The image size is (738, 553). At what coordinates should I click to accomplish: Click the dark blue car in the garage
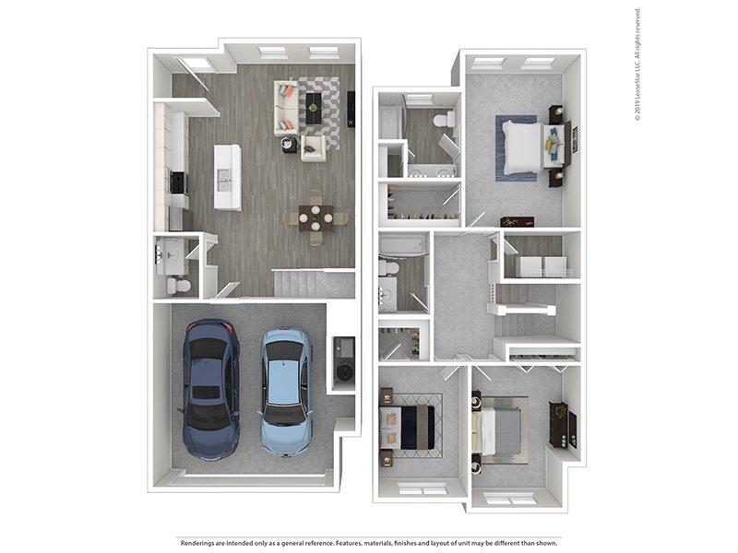click(x=210, y=389)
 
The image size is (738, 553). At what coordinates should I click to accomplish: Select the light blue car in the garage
click(x=286, y=392)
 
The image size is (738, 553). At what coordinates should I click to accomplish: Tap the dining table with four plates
click(x=315, y=218)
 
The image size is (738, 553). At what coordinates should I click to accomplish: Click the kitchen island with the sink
click(x=228, y=177)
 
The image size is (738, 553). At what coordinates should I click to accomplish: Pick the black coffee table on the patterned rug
click(x=314, y=109)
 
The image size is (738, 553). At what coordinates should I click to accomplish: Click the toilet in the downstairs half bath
click(x=178, y=286)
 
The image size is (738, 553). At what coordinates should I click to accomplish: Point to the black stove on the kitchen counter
click(x=178, y=182)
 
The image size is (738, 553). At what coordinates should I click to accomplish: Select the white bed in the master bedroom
click(x=521, y=147)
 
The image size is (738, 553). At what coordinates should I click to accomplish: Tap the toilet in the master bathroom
click(x=444, y=119)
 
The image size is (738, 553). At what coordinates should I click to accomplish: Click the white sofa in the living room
click(x=286, y=108)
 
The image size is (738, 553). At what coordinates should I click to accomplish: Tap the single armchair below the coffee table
click(x=313, y=148)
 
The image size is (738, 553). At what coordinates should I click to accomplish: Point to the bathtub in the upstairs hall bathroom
click(x=403, y=246)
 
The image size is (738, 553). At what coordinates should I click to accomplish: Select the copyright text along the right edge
click(x=637, y=65)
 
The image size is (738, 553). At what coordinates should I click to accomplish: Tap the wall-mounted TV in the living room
click(x=351, y=109)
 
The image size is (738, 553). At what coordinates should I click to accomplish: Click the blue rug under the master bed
click(x=516, y=147)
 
